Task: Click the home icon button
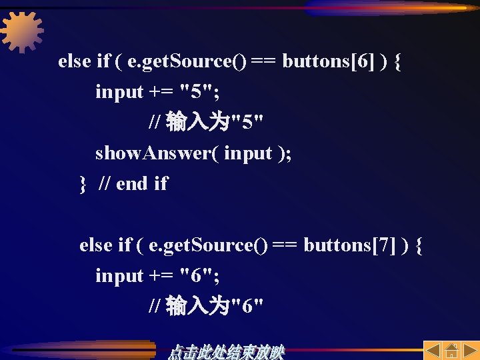pyautogui.click(x=451, y=351)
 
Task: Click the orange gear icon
pyautogui.click(x=22, y=31)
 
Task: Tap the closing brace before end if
pyautogui.click(x=83, y=184)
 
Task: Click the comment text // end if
pyautogui.click(x=133, y=184)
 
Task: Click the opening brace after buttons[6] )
pyautogui.click(x=397, y=62)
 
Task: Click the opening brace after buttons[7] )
pyautogui.click(x=419, y=246)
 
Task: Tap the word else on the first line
pyautogui.click(x=74, y=62)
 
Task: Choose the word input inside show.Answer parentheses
pyautogui.click(x=248, y=153)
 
